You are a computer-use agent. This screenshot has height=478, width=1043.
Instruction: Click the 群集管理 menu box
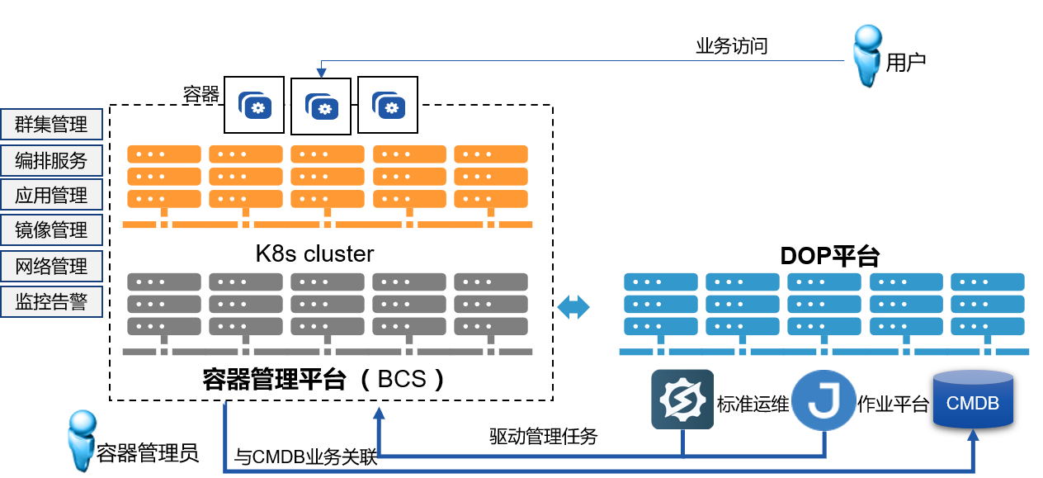[x=51, y=125]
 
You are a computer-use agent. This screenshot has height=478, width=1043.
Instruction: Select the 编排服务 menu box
[x=51, y=160]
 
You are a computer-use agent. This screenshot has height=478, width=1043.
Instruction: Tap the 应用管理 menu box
[x=51, y=196]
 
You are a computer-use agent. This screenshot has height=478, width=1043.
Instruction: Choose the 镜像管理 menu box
[x=51, y=230]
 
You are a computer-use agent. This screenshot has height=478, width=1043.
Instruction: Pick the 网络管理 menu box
[x=51, y=266]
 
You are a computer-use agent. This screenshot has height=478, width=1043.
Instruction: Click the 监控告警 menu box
[x=51, y=301]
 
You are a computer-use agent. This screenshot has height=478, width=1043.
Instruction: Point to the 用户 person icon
[x=867, y=56]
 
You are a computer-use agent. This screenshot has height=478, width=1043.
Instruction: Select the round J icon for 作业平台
[x=824, y=400]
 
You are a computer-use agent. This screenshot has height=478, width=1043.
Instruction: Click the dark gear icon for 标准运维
[x=682, y=400]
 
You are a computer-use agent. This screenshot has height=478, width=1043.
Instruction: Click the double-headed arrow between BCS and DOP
[x=574, y=307]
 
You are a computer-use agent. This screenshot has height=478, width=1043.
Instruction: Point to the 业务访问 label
[x=732, y=46]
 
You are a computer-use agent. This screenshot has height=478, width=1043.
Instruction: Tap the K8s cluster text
[x=314, y=253]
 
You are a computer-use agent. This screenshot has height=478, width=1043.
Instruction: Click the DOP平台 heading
[x=829, y=257]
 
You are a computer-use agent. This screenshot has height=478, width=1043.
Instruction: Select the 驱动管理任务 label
[x=543, y=435]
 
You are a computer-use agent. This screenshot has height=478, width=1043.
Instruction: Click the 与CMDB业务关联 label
[x=306, y=457]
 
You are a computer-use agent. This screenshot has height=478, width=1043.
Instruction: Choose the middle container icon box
[x=321, y=106]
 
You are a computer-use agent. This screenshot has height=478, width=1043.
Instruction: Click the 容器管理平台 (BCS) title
[x=324, y=379]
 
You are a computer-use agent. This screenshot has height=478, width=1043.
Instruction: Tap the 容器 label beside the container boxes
[x=201, y=94]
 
